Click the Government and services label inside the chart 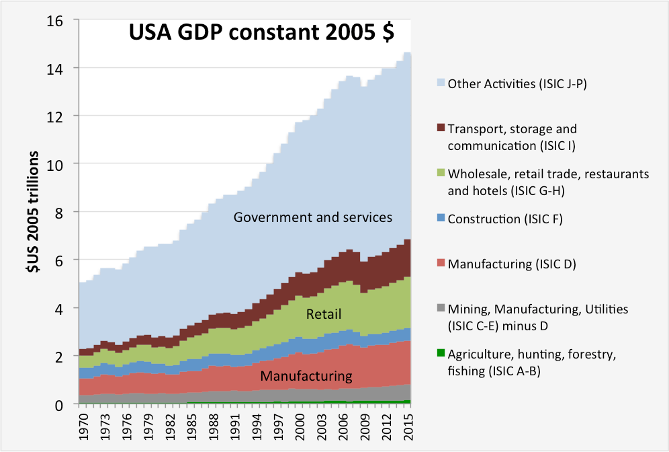312,217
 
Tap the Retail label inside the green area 324,313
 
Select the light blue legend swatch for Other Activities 441,83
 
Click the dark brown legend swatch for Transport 441,128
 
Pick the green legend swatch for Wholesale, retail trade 441,174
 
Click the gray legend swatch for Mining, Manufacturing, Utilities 441,309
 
